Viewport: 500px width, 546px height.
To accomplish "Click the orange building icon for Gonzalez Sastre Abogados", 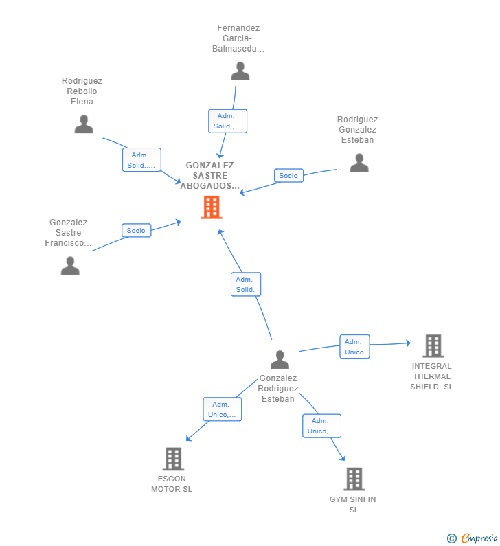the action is pyautogui.click(x=212, y=207).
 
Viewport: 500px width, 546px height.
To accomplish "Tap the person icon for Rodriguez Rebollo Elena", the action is pyautogui.click(x=84, y=124).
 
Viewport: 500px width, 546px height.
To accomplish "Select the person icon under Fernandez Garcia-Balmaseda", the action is pyautogui.click(x=240, y=71).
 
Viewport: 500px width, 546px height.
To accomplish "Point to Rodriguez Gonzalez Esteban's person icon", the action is pyautogui.click(x=359, y=163).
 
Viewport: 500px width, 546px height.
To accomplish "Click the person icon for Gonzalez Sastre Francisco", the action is pyautogui.click(x=70, y=265).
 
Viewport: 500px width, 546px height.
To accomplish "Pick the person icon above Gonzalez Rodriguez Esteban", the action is pyautogui.click(x=280, y=359).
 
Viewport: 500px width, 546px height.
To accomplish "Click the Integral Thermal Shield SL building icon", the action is pyautogui.click(x=433, y=346).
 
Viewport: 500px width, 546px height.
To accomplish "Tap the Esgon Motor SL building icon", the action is pyautogui.click(x=173, y=459).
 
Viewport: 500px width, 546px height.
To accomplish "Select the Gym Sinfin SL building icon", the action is pyautogui.click(x=354, y=479).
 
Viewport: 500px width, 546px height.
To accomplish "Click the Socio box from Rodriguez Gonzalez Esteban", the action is pyautogui.click(x=288, y=176).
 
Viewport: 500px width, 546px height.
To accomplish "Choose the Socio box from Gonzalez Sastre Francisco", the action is pyautogui.click(x=136, y=231).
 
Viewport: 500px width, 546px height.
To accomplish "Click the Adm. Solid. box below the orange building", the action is pyautogui.click(x=246, y=284).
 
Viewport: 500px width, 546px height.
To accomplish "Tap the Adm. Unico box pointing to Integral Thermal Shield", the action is pyautogui.click(x=354, y=347).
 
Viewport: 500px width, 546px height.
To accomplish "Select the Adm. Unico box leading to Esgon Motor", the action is pyautogui.click(x=222, y=409).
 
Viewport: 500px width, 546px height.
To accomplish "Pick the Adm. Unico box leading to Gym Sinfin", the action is pyautogui.click(x=321, y=426).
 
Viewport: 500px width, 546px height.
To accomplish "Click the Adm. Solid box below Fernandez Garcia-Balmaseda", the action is pyautogui.click(x=228, y=121).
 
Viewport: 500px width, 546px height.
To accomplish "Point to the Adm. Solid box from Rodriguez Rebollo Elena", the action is pyautogui.click(x=141, y=160).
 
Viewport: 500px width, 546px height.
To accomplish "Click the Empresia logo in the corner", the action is pyautogui.click(x=473, y=538).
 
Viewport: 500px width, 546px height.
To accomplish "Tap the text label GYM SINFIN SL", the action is pyautogui.click(x=353, y=505).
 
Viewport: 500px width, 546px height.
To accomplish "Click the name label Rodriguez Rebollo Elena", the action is pyautogui.click(x=82, y=91).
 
